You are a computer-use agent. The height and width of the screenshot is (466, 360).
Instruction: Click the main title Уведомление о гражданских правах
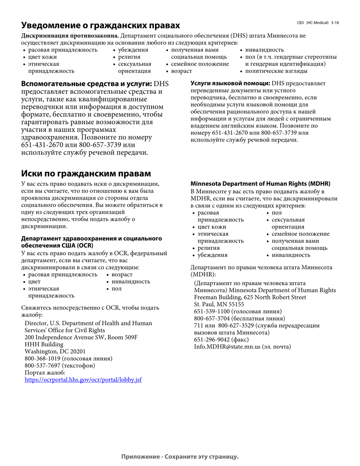[100, 25]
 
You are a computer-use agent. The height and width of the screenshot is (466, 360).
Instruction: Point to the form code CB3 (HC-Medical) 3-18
[318, 23]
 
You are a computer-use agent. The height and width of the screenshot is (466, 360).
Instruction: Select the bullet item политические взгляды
[276, 71]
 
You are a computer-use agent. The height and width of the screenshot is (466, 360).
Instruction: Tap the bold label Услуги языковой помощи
[230, 83]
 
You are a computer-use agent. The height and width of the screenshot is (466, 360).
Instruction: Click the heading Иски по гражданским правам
[86, 174]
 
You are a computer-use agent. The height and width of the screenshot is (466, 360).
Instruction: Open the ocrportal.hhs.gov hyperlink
[83, 379]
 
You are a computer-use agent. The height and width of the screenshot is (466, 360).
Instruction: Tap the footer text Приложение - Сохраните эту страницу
[180, 457]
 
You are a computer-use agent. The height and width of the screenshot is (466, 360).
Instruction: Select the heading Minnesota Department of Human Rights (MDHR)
[260, 184]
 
